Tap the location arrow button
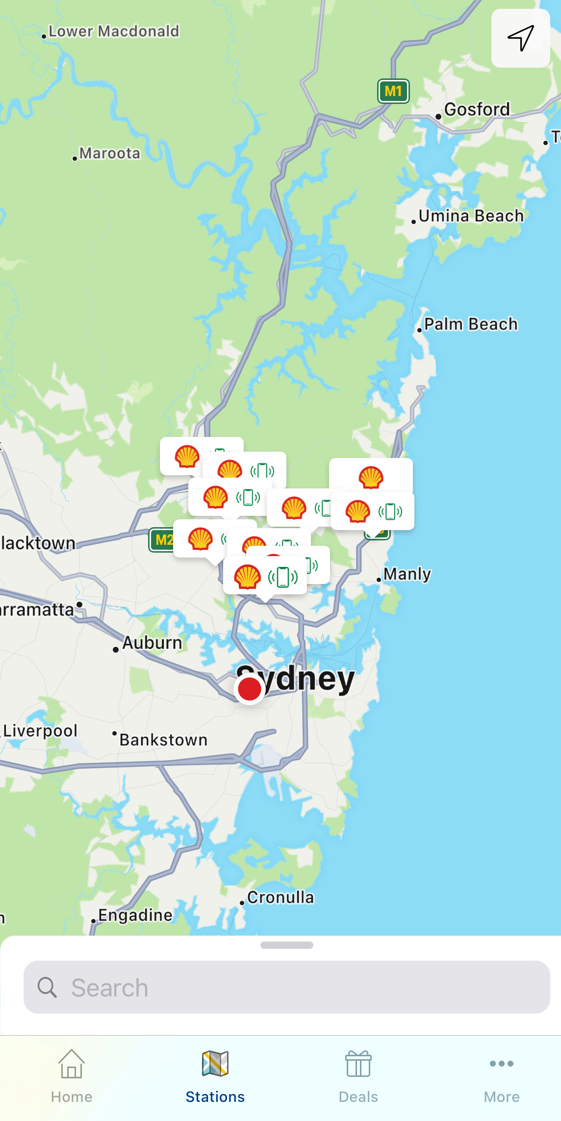pyautogui.click(x=520, y=38)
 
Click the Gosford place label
pyautogui.click(x=477, y=109)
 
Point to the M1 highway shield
pyautogui.click(x=393, y=91)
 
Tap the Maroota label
pyautogui.click(x=109, y=153)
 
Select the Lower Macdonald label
pyautogui.click(x=114, y=31)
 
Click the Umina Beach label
pyautogui.click(x=471, y=216)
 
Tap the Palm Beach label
pyautogui.click(x=471, y=324)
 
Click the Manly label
pyautogui.click(x=407, y=574)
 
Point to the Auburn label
pyautogui.click(x=152, y=643)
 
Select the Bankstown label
pyautogui.click(x=163, y=740)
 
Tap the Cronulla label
pyautogui.click(x=280, y=897)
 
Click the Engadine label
pyautogui.click(x=135, y=915)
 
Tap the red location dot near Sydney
pyautogui.click(x=250, y=689)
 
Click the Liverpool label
pyautogui.click(x=40, y=731)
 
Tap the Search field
pyautogui.click(x=287, y=987)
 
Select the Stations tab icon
pyautogui.click(x=215, y=1064)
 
